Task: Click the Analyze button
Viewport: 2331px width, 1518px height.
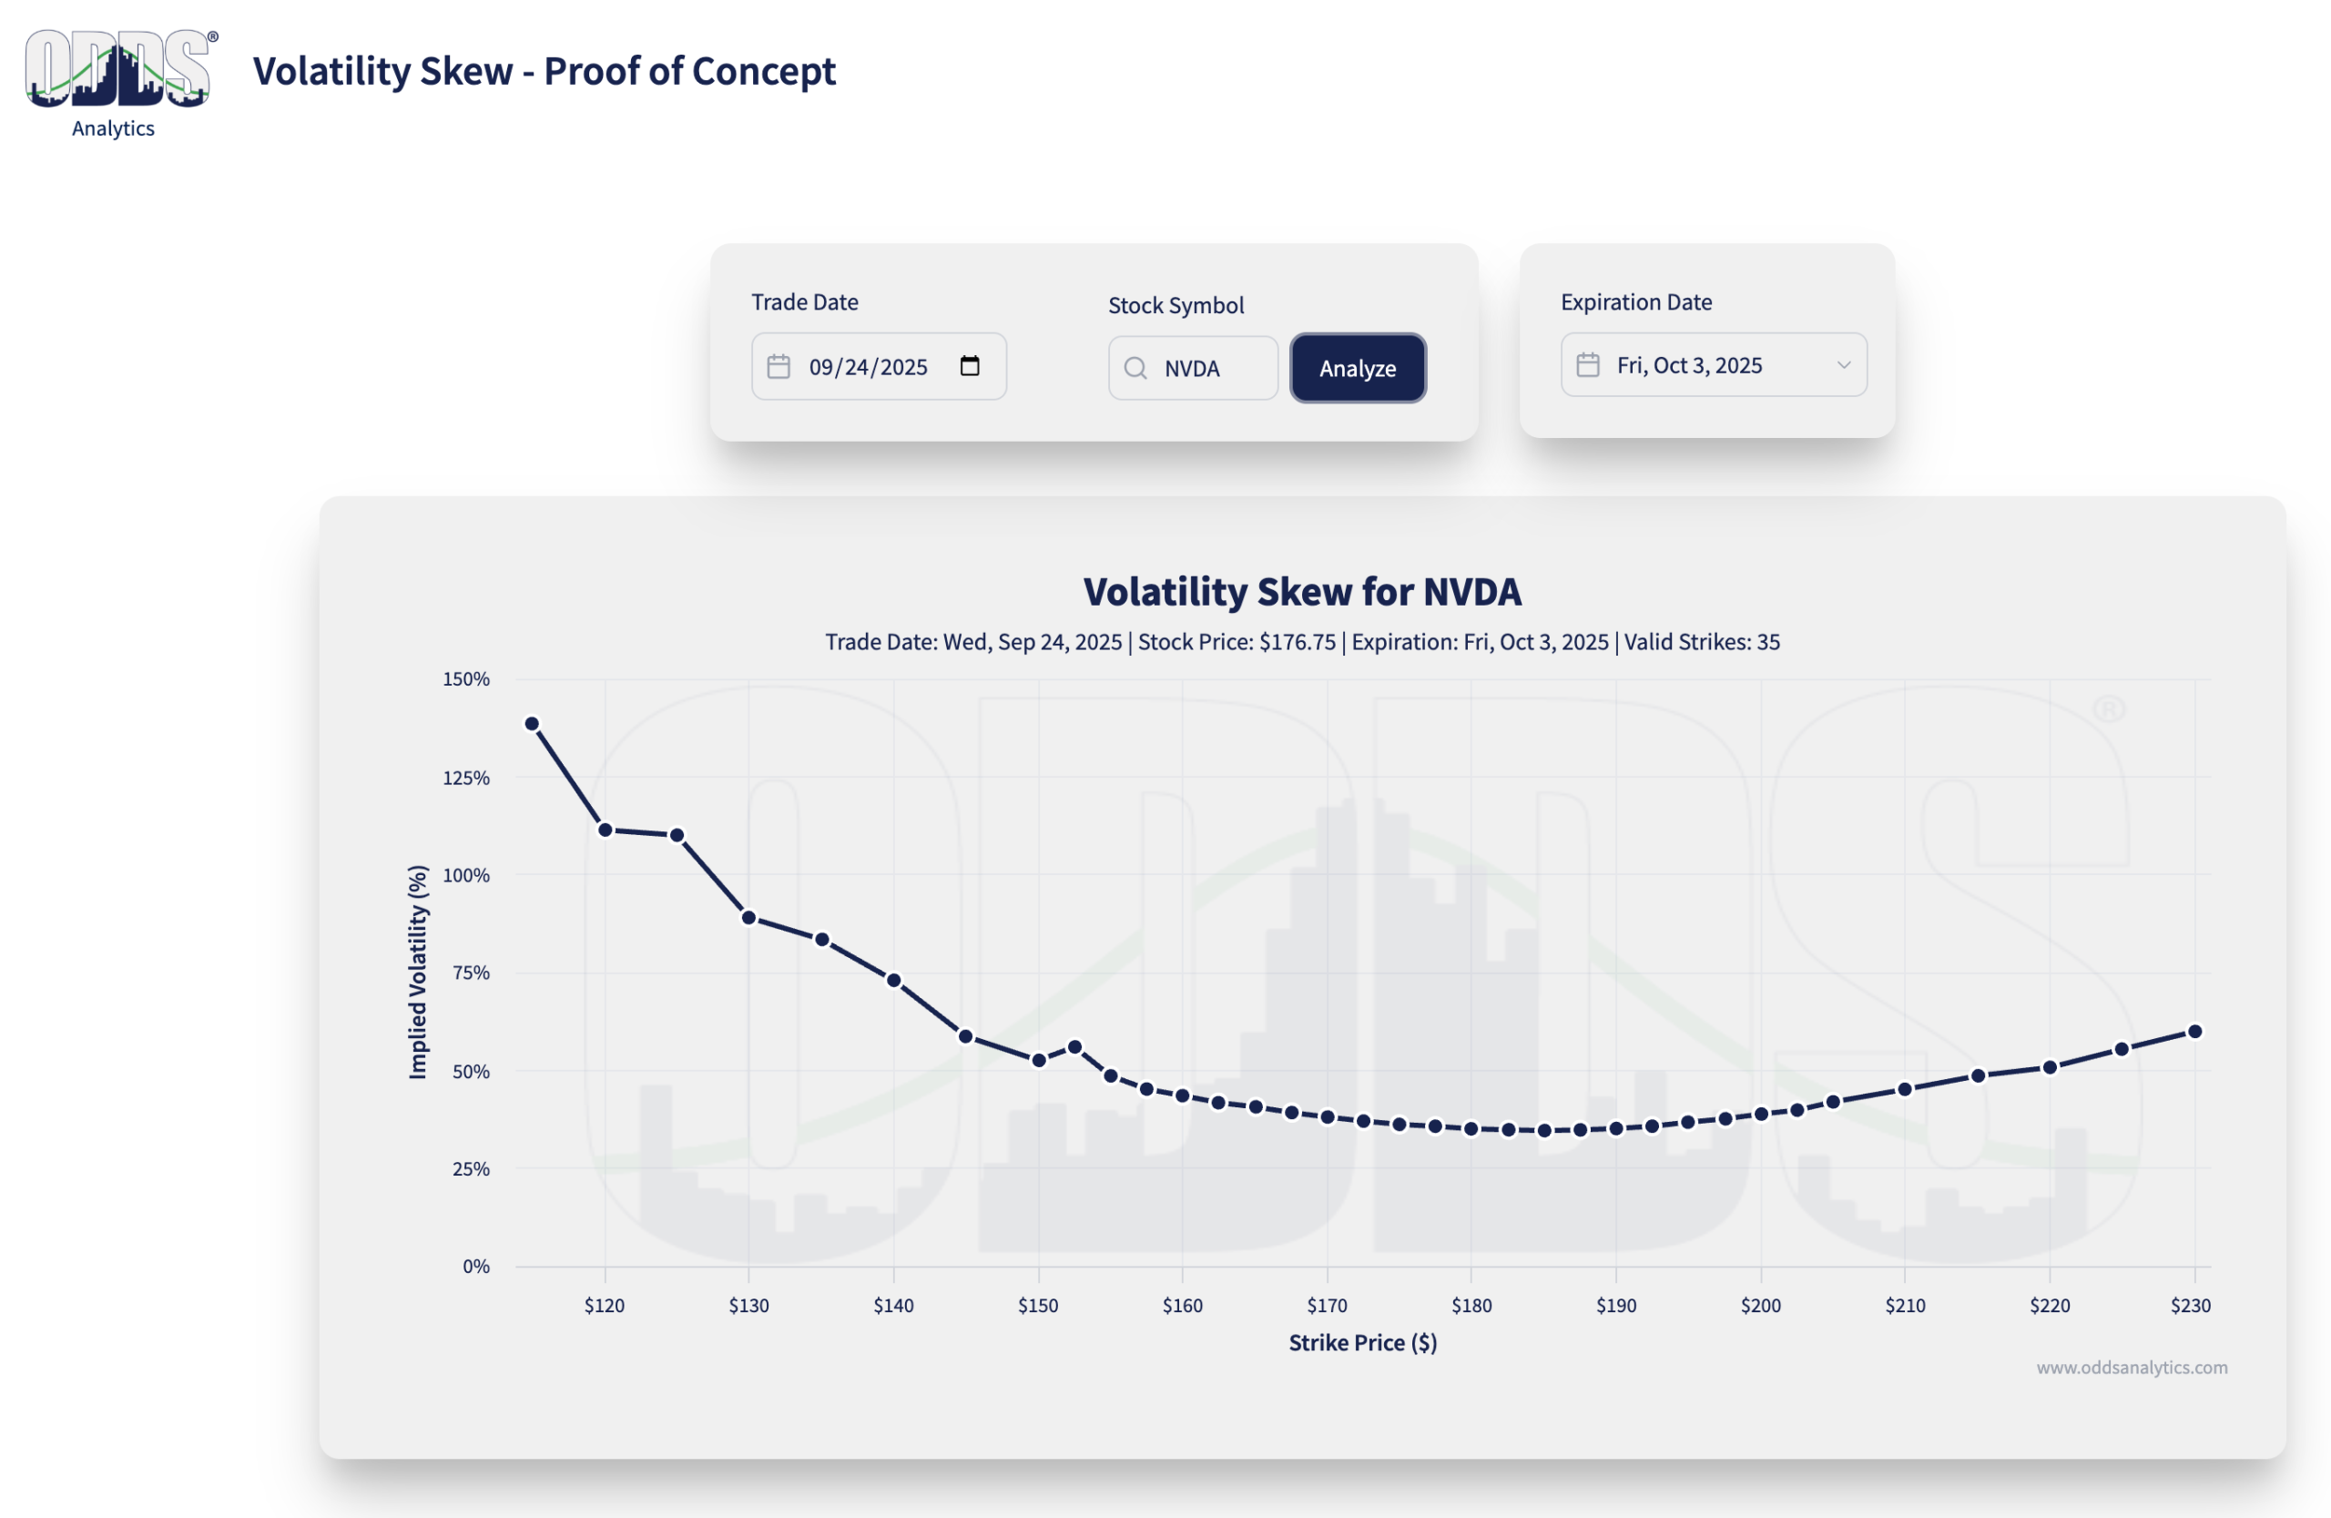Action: point(1358,368)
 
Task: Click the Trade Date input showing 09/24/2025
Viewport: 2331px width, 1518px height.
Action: point(868,367)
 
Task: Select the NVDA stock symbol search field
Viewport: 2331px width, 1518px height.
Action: point(1205,368)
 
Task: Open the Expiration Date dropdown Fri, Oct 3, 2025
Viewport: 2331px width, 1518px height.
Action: point(1713,365)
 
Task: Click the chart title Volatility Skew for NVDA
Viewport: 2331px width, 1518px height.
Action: point(1302,592)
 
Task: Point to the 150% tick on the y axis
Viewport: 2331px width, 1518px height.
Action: point(466,678)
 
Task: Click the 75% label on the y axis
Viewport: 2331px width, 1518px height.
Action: point(471,973)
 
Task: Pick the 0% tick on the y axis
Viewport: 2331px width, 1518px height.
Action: point(476,1267)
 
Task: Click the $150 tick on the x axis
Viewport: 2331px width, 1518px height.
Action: point(1038,1306)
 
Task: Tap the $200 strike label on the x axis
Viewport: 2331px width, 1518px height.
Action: point(1760,1306)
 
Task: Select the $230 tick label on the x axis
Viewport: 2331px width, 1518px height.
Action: point(2190,1306)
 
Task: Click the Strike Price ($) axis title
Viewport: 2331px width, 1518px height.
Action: point(1362,1342)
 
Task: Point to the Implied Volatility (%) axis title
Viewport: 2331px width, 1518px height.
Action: point(418,972)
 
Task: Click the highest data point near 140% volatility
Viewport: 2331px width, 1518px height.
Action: point(532,724)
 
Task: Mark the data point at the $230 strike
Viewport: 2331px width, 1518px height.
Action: point(2194,1031)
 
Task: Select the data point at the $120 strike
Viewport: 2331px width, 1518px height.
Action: point(606,830)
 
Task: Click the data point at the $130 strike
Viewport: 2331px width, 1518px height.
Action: point(749,918)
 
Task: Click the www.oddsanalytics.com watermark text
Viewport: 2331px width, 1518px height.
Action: point(2132,1367)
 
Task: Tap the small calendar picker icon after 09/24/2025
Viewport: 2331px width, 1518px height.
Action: point(970,366)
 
